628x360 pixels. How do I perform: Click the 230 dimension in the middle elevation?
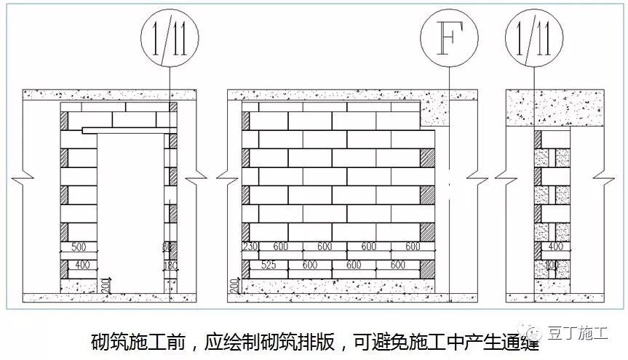(x=250, y=247)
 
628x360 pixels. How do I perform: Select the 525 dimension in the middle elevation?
(x=270, y=265)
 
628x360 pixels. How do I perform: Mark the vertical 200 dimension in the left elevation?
(x=107, y=283)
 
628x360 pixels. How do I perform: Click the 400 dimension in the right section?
(x=551, y=247)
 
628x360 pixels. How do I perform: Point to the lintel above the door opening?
(x=127, y=131)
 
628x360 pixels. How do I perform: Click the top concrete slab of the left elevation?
(x=109, y=95)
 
